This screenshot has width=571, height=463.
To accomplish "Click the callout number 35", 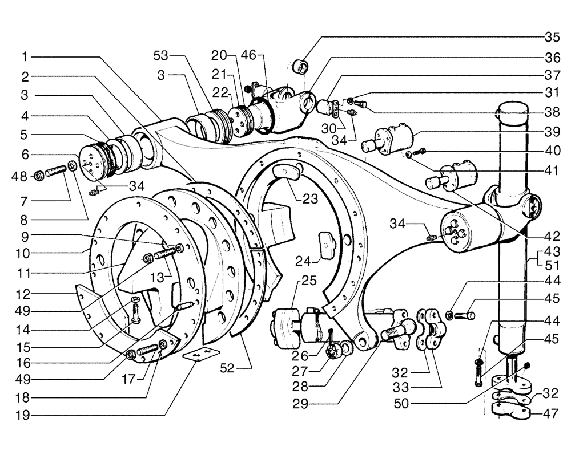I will (x=552, y=38).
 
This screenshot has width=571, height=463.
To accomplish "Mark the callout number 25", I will (x=309, y=281).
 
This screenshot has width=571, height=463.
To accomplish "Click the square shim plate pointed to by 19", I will (x=198, y=355).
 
